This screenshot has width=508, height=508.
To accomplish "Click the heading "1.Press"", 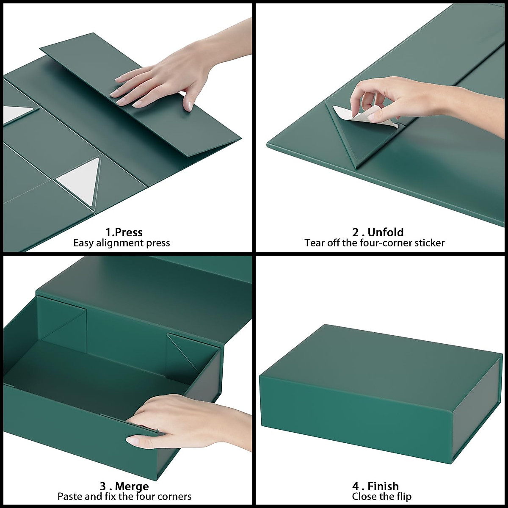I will (124, 232).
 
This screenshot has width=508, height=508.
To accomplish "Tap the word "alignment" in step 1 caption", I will (121, 243).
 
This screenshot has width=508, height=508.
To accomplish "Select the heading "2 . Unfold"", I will (378, 232).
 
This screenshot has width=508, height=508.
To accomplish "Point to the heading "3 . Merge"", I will (124, 486).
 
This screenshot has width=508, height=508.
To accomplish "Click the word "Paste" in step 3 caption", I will (70, 496).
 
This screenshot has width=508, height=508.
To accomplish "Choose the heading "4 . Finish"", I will (375, 486).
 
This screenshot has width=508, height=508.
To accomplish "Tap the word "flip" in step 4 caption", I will (403, 496).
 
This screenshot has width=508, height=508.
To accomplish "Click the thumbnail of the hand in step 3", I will (133, 441).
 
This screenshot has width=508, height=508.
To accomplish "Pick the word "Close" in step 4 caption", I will (365, 496).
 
